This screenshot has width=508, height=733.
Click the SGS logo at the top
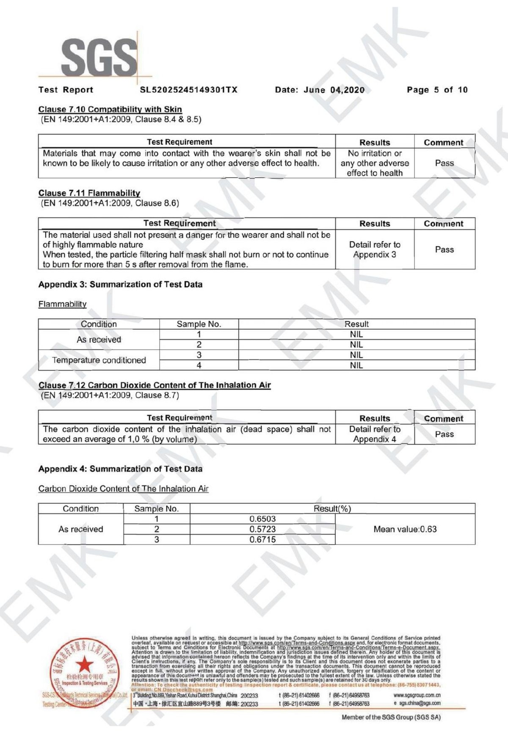(100, 57)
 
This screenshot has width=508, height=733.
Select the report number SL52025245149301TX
(188, 90)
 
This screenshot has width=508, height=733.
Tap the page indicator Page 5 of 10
(437, 90)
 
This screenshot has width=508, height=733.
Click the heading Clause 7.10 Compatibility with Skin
(110, 110)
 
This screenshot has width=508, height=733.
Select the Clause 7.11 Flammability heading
(89, 193)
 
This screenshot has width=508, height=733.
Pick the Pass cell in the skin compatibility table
(444, 163)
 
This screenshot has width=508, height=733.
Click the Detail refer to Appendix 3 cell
(375, 250)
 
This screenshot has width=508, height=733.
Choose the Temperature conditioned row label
(99, 360)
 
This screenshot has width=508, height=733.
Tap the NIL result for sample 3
(356, 355)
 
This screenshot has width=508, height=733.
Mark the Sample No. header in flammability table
(199, 324)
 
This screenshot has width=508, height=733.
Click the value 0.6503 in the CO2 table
(262, 519)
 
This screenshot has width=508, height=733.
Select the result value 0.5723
(262, 529)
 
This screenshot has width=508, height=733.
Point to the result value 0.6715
(262, 539)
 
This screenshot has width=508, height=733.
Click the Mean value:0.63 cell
(405, 529)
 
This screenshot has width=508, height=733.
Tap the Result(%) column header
(332, 509)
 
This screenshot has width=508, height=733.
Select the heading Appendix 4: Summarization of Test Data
(120, 469)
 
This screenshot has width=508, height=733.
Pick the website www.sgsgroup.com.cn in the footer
(417, 695)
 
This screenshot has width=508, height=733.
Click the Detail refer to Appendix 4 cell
(375, 434)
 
